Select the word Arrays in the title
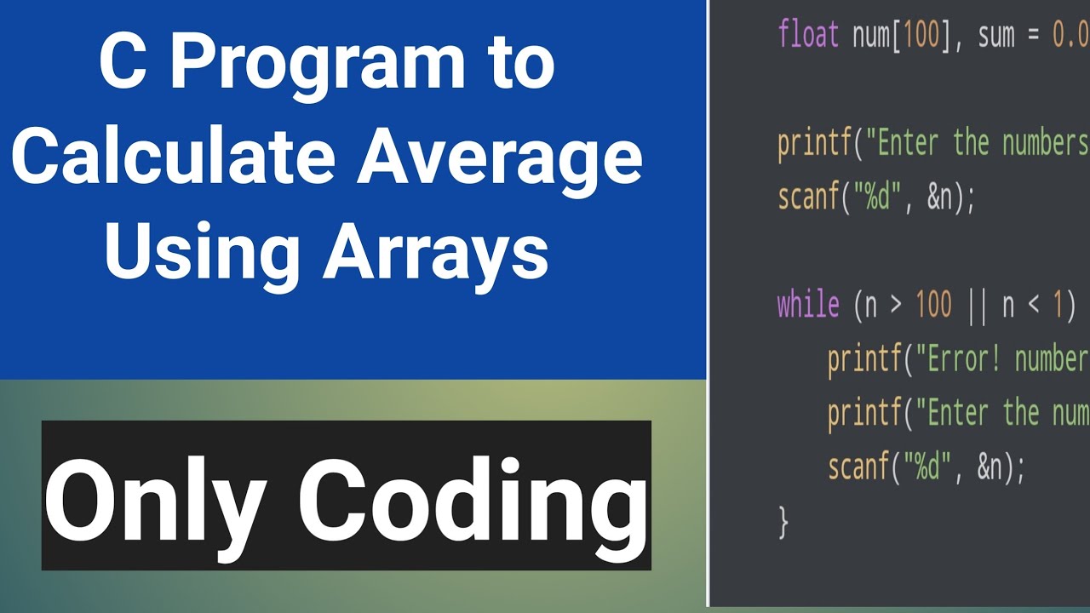pos(435,253)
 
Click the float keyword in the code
pos(808,35)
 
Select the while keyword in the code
pos(808,304)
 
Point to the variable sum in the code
pos(995,35)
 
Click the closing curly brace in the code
pos(783,521)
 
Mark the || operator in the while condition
pos(976,304)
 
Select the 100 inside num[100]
pos(920,35)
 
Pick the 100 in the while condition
pos(933,304)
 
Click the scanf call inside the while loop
pos(857,467)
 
